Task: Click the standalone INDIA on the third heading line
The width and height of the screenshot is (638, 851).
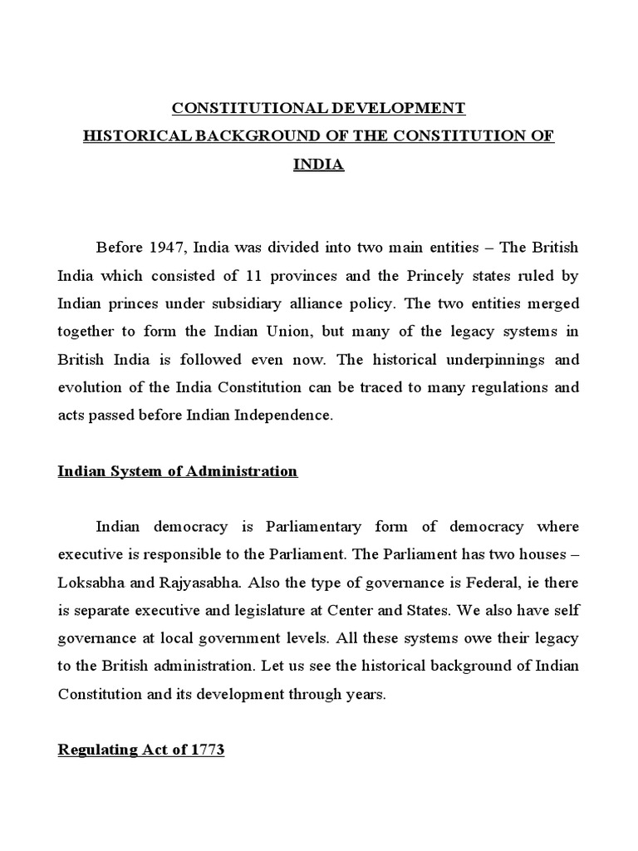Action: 319,164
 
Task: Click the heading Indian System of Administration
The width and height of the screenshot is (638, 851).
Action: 177,471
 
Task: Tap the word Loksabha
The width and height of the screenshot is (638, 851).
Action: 90,583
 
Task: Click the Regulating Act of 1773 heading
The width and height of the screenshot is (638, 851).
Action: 140,750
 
